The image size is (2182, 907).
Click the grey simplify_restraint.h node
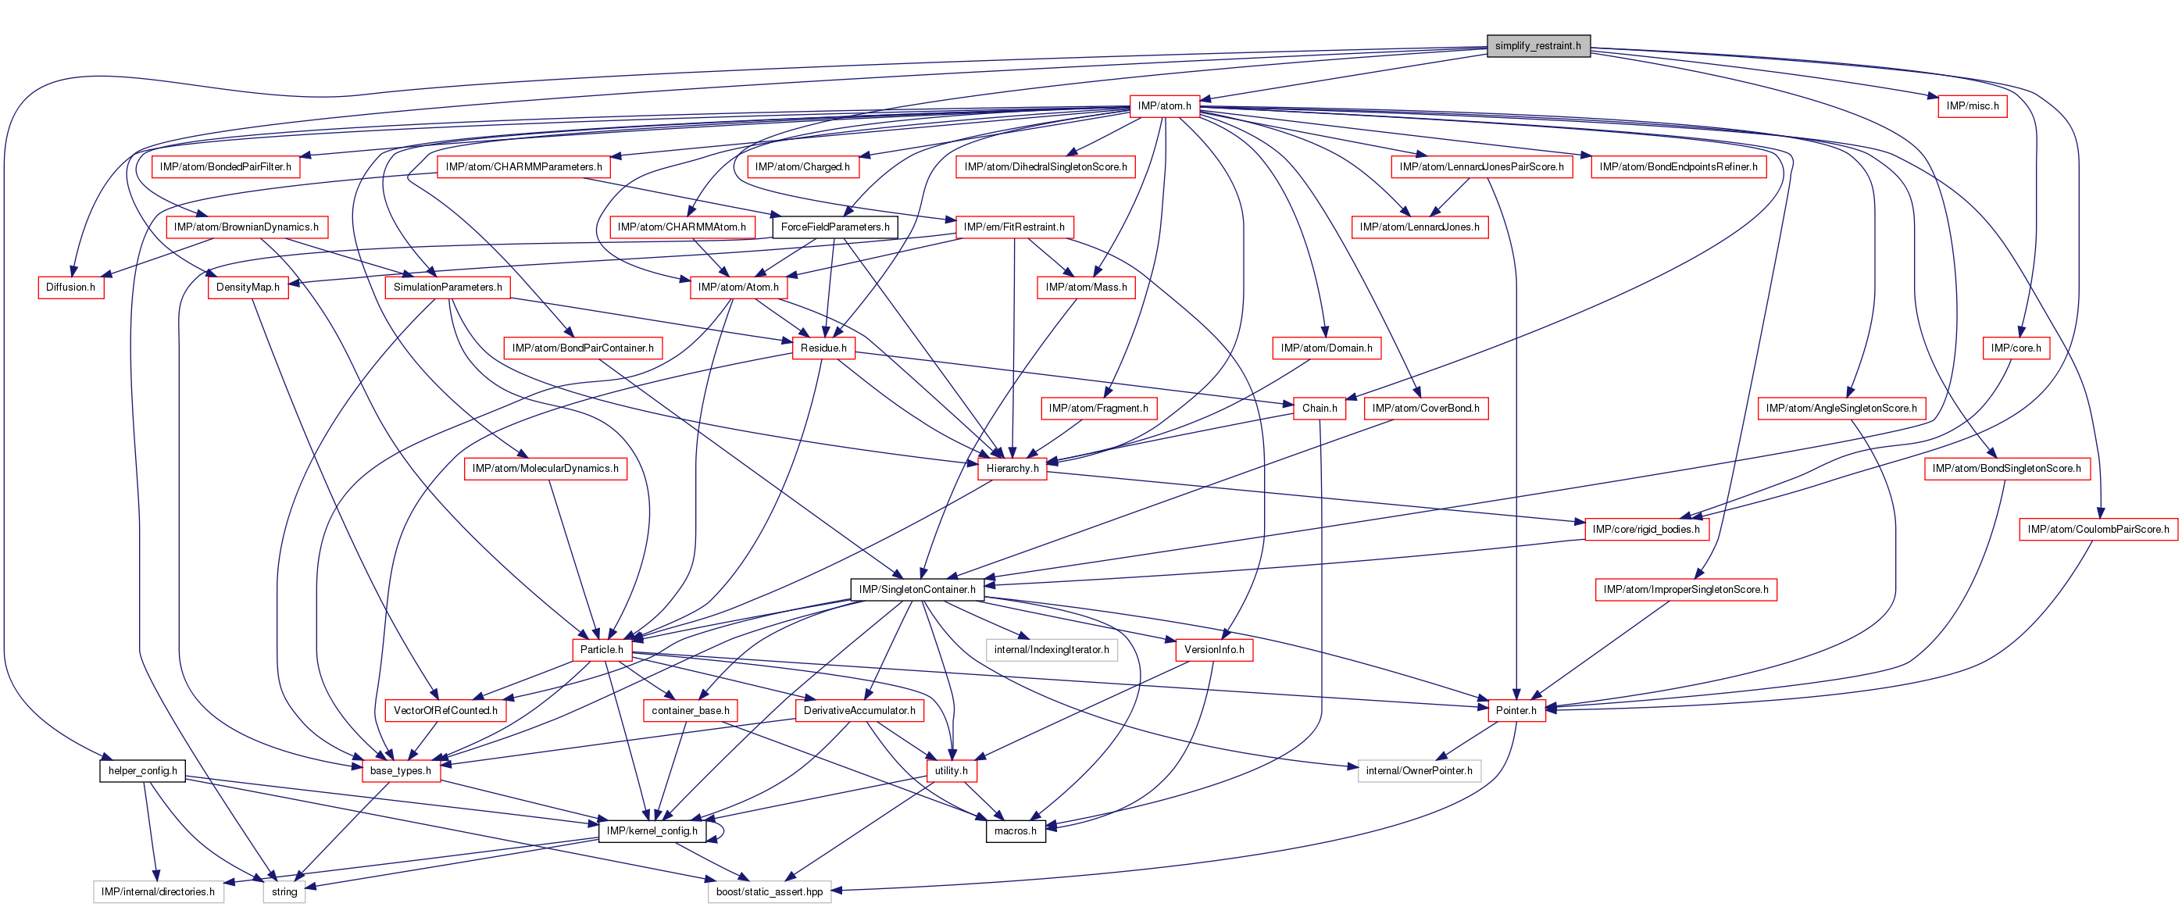coord(1538,46)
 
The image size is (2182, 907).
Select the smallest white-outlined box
coord(284,891)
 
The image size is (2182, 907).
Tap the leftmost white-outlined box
coord(159,891)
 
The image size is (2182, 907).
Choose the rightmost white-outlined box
coord(1419,770)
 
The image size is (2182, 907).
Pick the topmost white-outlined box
coord(1052,649)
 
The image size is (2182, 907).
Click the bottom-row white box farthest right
coord(769,891)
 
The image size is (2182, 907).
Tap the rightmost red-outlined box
coord(2098,530)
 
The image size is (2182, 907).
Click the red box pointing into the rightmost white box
coord(1516,711)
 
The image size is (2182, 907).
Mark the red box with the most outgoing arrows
coord(1165,106)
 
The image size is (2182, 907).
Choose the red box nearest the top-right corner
coord(1972,106)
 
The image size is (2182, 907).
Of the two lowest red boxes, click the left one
coord(402,770)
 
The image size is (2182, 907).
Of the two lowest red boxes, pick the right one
coord(952,770)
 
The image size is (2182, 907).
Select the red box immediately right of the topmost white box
coord(1214,649)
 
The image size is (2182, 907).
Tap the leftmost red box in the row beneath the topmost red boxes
coord(226,167)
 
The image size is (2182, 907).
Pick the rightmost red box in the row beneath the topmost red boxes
coord(1678,167)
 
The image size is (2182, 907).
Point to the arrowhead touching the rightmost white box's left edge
coord(1353,767)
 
